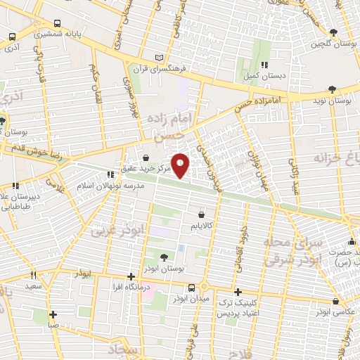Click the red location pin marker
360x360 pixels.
181,165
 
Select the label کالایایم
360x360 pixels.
201,226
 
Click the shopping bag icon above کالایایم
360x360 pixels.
202,214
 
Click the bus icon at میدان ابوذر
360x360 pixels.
192,288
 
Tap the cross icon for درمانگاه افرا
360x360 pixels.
131,277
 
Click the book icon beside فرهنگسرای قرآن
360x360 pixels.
160,57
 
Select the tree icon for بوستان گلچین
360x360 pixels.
333,32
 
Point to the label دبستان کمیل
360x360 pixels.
262,75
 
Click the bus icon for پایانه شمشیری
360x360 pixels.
12,37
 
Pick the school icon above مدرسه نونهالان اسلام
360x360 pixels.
110,175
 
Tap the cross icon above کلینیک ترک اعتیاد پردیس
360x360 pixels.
238,292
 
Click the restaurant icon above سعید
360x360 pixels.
32,276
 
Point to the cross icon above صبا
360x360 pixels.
53,314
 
